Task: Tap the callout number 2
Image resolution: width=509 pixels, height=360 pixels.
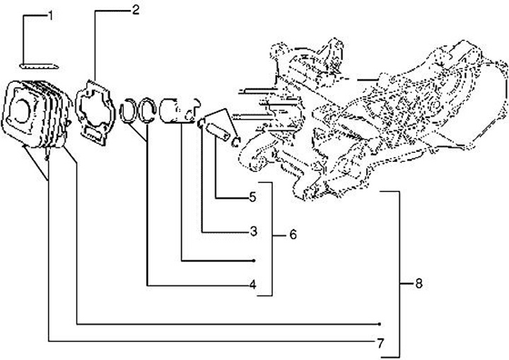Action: pyautogui.click(x=135, y=10)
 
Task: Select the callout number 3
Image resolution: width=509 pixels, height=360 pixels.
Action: pyautogui.click(x=252, y=231)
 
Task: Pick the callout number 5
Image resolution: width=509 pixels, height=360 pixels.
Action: pyautogui.click(x=252, y=198)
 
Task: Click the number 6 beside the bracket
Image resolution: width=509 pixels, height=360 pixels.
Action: pyautogui.click(x=292, y=235)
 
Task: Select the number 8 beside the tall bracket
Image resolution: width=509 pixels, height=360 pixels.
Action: pyautogui.click(x=419, y=284)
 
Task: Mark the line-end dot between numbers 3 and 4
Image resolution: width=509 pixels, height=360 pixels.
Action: pyautogui.click(x=253, y=261)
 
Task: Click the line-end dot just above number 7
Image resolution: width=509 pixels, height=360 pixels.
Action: pyautogui.click(x=380, y=324)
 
